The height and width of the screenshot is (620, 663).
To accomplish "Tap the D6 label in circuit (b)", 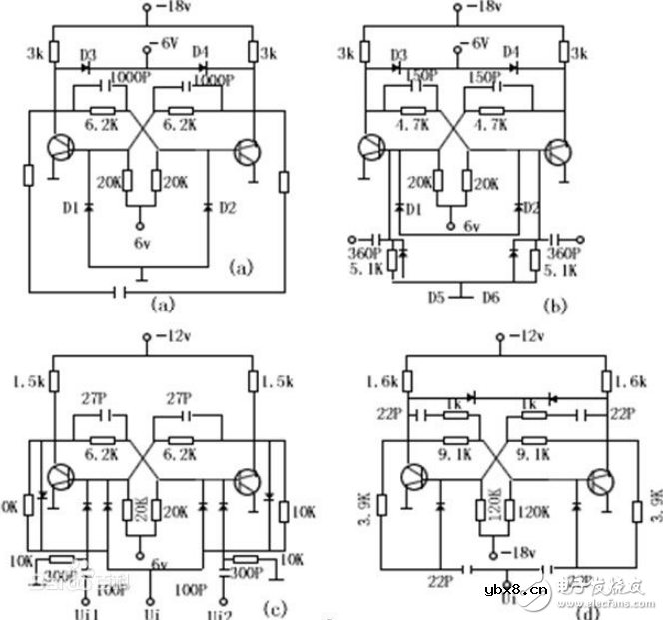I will [x=491, y=297].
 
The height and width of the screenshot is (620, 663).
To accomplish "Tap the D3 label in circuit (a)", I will [x=87, y=52].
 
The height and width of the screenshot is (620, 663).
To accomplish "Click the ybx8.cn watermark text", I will [x=518, y=590].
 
